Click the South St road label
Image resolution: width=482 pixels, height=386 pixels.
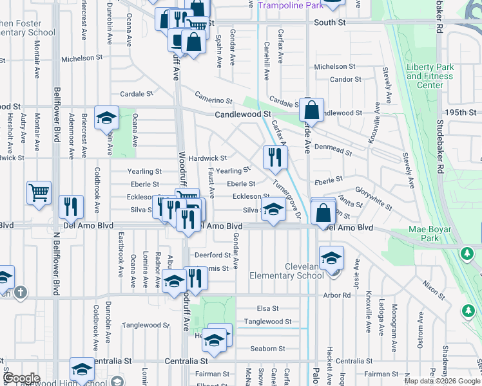pos(329,23)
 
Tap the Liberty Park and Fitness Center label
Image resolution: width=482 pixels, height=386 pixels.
pos(430,76)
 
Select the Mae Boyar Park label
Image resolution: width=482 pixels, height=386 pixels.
pos(435,233)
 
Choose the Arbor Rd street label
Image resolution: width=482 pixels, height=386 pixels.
pos(337,295)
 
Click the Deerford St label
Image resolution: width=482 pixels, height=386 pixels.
pos(213,255)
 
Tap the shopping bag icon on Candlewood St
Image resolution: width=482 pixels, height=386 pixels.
pos(311,110)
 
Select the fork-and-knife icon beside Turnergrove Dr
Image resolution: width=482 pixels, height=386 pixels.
pos(275,157)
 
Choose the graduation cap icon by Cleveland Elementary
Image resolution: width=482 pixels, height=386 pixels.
pos(331,259)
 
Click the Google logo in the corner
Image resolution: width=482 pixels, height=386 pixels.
pos(22,378)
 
